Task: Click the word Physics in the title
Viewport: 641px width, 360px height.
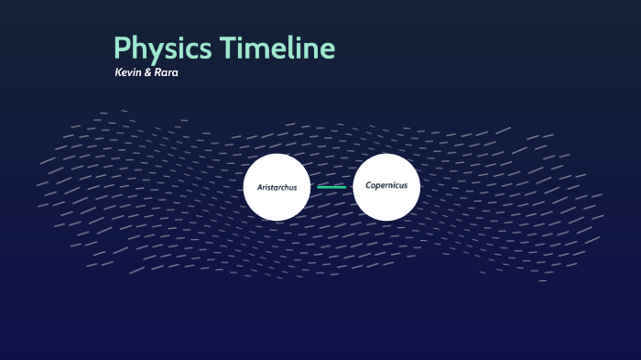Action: tap(155, 49)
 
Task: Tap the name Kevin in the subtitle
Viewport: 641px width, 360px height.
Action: tap(127, 72)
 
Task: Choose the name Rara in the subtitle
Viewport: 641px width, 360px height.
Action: tap(166, 72)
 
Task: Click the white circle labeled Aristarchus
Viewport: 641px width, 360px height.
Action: tap(277, 187)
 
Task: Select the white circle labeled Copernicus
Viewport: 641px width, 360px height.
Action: tap(386, 186)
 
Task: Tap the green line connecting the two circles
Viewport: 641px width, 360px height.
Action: tap(331, 187)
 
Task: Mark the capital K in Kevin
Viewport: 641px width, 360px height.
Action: tap(118, 72)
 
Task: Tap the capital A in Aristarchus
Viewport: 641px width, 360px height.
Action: tap(260, 188)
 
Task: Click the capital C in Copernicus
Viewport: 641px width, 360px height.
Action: tap(368, 185)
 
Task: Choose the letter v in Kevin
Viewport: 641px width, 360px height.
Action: tap(130, 72)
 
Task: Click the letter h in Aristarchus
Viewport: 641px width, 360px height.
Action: tap(286, 187)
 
